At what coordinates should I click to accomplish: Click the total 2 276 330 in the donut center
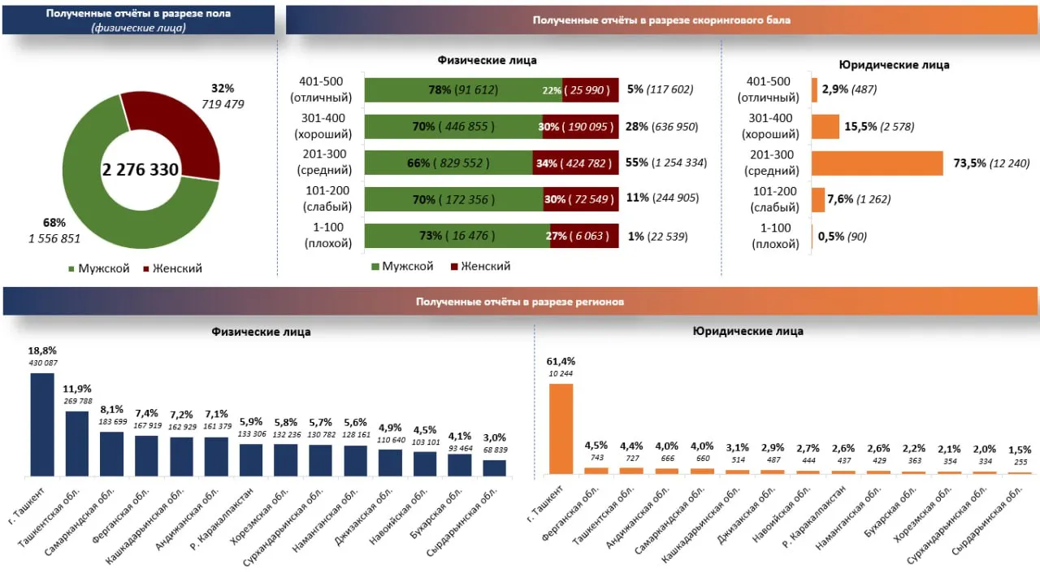tap(141, 170)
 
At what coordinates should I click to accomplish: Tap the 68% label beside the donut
tap(54, 222)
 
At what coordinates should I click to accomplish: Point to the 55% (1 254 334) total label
tap(666, 163)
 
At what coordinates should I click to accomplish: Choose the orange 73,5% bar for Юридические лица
tap(877, 163)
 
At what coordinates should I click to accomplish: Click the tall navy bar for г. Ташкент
tap(42, 424)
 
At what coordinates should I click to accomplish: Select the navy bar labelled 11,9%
tap(77, 443)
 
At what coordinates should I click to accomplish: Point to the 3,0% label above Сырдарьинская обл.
tap(495, 437)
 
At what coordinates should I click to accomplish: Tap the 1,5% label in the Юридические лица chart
tap(1020, 449)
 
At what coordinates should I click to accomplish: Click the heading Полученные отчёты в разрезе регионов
tap(520, 302)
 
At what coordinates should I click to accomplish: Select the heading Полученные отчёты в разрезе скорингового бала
tap(661, 20)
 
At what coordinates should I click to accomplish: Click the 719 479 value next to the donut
tap(223, 103)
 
